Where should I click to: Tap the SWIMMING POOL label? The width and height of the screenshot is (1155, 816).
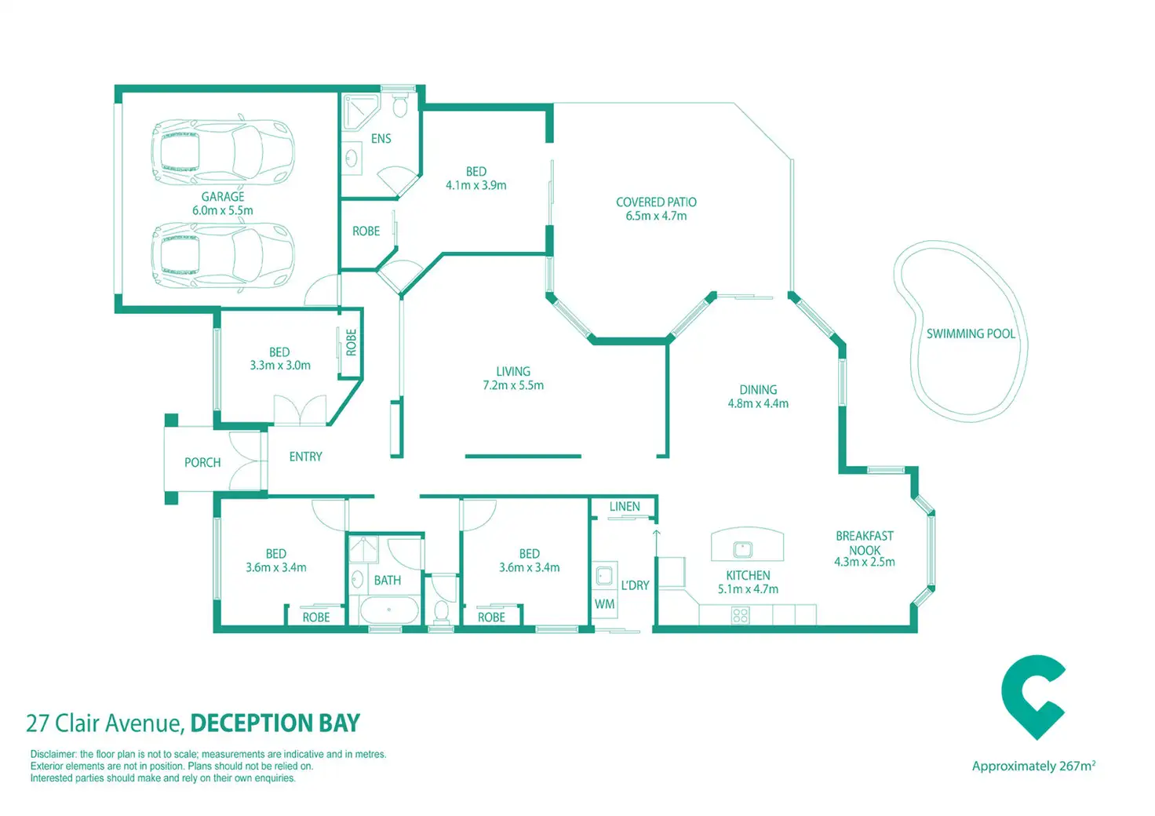(x=971, y=333)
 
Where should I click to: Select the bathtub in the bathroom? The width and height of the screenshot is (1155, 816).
(x=389, y=610)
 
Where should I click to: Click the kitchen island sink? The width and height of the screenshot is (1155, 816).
(x=742, y=549)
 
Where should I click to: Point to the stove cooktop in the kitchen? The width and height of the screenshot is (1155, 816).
(x=740, y=616)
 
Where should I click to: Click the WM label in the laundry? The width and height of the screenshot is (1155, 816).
(x=604, y=604)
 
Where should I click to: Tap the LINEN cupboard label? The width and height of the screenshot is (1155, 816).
(x=625, y=507)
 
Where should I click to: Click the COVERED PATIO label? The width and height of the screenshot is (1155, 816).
(x=656, y=202)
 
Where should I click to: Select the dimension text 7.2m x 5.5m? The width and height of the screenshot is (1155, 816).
(x=513, y=385)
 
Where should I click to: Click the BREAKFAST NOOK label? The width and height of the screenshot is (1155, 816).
(x=864, y=543)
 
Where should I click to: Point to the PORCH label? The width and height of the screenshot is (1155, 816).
(x=202, y=463)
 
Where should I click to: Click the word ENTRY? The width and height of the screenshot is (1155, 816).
(x=305, y=457)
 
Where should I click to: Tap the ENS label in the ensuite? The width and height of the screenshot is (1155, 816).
(x=381, y=139)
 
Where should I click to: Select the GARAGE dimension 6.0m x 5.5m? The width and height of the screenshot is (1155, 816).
(x=223, y=210)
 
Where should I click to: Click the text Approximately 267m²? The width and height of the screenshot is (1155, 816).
(x=1033, y=766)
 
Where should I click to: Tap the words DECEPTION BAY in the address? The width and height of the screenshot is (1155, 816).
(x=275, y=723)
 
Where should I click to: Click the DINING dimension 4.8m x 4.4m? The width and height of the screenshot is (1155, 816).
(x=758, y=403)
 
